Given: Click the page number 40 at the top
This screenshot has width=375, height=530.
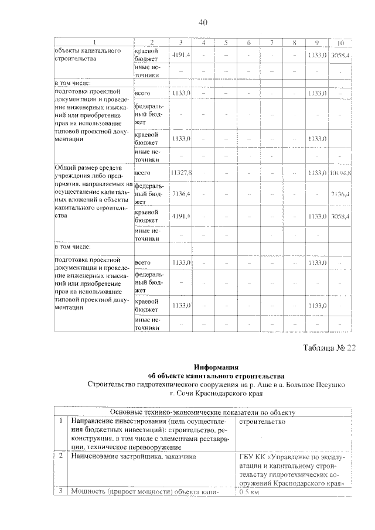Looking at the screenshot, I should pos(203,23).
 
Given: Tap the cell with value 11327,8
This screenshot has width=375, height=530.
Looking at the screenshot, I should pos(181,174).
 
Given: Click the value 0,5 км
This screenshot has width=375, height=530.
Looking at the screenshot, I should pos(250,492).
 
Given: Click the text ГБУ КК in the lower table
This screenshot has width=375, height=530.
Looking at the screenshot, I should pos(253,455).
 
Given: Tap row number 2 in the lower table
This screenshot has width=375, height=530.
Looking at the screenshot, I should pos(60,455).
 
